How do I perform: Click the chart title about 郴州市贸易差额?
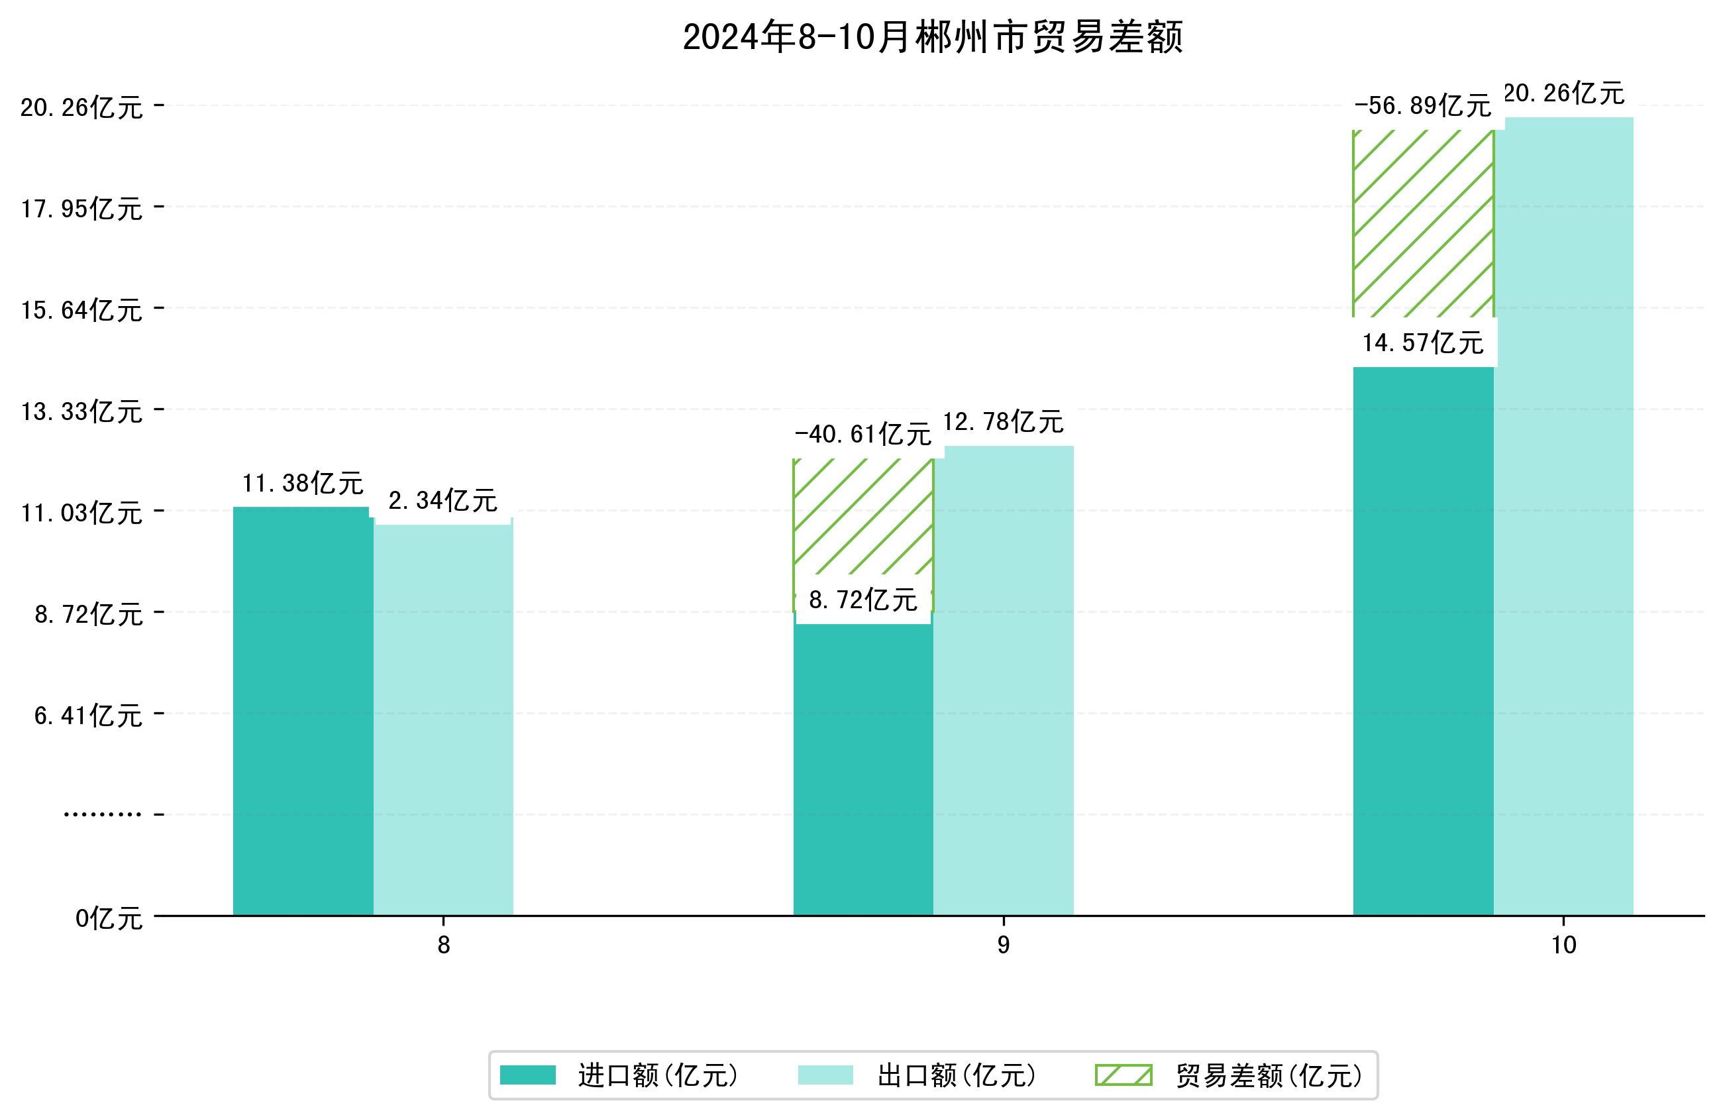coord(933,38)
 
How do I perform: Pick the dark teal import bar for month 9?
coord(863,768)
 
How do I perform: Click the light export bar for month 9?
coord(1004,681)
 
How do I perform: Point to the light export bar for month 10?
coord(1564,514)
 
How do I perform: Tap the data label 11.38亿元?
coord(303,483)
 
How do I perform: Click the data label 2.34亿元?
coord(443,500)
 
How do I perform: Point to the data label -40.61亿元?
coord(863,435)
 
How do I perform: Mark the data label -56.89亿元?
coord(1422,107)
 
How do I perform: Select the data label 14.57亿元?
coord(1422,343)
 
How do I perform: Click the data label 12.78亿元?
coord(1003,421)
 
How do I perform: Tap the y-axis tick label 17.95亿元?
coord(81,209)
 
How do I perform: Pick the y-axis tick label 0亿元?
coord(109,918)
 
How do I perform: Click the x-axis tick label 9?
coord(1004,945)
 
